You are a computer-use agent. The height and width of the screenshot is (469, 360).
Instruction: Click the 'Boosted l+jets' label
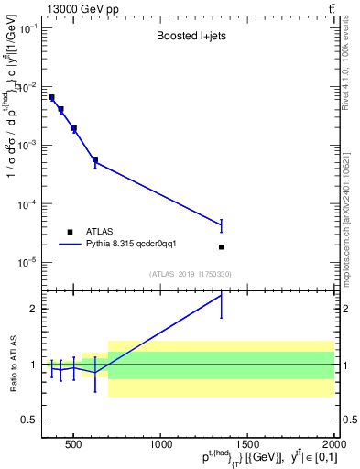point(191,38)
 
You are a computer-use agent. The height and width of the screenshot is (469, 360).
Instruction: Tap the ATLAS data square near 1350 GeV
point(222,246)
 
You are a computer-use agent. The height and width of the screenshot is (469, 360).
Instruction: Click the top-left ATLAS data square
point(51,97)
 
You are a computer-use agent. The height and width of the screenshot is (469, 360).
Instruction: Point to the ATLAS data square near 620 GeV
point(95,159)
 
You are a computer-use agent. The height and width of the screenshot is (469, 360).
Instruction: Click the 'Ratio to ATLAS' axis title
point(13,364)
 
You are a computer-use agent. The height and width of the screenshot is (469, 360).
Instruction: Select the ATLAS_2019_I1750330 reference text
point(191,274)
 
